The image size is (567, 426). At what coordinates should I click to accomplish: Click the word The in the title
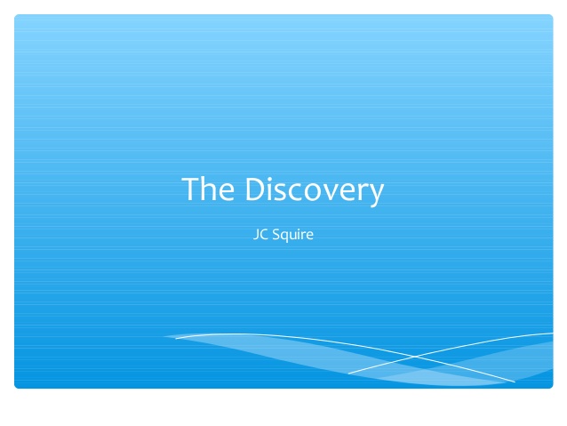coord(208,189)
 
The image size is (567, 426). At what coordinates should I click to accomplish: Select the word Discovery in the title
coord(315,190)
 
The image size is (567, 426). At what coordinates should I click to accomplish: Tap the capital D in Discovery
coord(256,189)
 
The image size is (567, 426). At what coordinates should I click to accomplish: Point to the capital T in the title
coord(191,189)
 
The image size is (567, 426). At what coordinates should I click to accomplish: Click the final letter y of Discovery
coord(376,195)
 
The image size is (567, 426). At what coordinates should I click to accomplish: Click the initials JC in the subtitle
coord(260,234)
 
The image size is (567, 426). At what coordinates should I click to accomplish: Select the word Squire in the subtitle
coord(292,235)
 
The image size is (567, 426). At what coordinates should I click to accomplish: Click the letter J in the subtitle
coord(256,235)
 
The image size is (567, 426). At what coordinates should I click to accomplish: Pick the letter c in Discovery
coord(296,192)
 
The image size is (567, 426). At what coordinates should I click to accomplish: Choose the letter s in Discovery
coord(283,192)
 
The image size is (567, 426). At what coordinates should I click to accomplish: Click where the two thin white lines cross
coord(416,357)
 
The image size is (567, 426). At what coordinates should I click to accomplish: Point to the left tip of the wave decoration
coord(164,336)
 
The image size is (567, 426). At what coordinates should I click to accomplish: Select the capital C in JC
coord(264,234)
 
